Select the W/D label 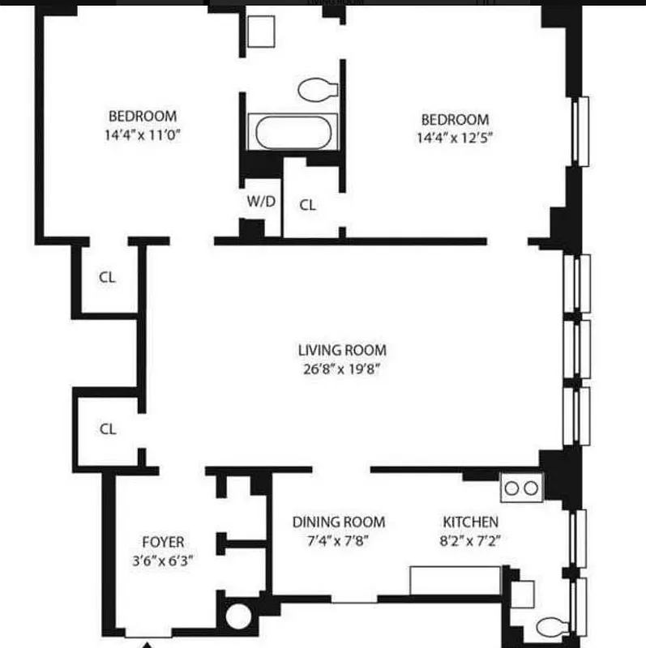[260, 202]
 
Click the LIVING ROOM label [342, 351]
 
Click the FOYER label [163, 542]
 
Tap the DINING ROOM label [339, 522]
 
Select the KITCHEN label [470, 522]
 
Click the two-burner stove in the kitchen [522, 488]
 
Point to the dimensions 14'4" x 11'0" [143, 136]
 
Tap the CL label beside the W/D [307, 205]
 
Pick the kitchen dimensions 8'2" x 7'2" [470, 541]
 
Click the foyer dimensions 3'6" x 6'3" [162, 560]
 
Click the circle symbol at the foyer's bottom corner [239, 616]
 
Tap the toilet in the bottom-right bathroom [554, 627]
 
